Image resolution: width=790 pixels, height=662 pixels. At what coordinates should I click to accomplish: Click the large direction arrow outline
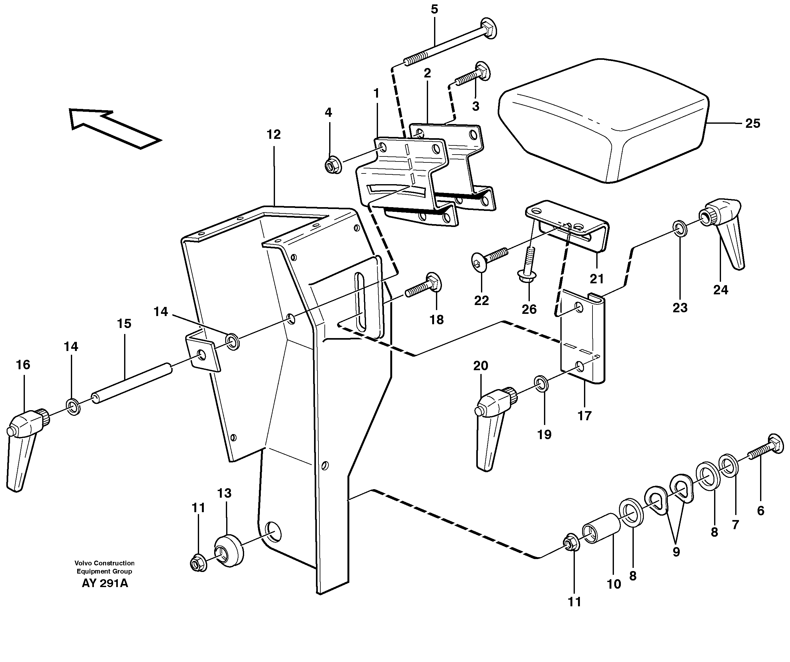point(113,127)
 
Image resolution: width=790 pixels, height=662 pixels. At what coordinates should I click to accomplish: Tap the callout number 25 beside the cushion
point(753,123)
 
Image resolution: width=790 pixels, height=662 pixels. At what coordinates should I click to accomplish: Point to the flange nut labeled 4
point(333,165)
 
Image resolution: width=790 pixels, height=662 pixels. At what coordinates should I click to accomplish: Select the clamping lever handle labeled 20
point(491,425)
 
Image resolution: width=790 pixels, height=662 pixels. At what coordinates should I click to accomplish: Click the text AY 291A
point(105,583)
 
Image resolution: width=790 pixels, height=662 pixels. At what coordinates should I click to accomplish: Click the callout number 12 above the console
point(273,135)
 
